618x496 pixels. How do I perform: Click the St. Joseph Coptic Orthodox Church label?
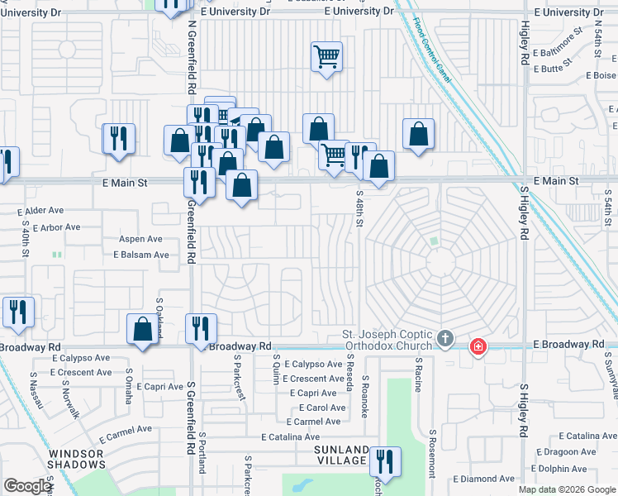[388, 340]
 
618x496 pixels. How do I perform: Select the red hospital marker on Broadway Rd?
[478, 346]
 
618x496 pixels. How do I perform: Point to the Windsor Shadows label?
[75, 459]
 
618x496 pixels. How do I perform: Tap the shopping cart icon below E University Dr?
[326, 57]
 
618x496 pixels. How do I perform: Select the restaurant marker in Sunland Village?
[384, 460]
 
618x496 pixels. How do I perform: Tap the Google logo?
[27, 486]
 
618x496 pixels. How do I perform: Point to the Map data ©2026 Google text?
[567, 490]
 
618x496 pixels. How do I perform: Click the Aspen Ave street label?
[140, 239]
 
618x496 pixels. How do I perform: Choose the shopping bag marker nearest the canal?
[419, 133]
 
